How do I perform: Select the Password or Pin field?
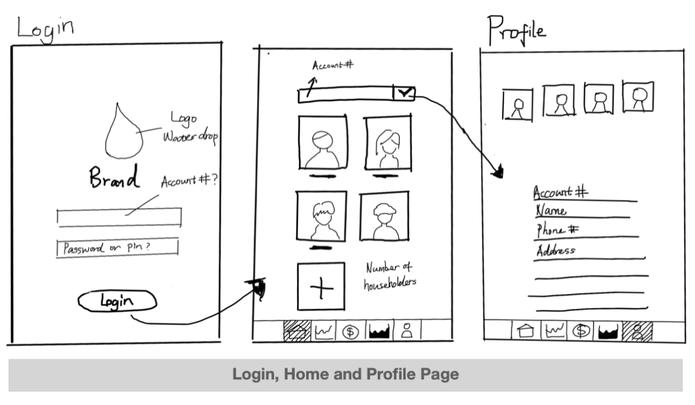[x=117, y=248]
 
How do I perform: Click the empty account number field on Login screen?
[x=118, y=217]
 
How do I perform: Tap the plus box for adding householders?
[x=320, y=287]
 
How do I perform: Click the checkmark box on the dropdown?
[x=404, y=93]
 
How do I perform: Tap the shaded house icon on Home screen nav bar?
[x=298, y=331]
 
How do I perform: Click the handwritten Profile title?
[x=515, y=28]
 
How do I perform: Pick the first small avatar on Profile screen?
[x=517, y=104]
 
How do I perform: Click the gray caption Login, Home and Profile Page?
[x=345, y=374]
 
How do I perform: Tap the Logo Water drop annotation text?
[x=189, y=126]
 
